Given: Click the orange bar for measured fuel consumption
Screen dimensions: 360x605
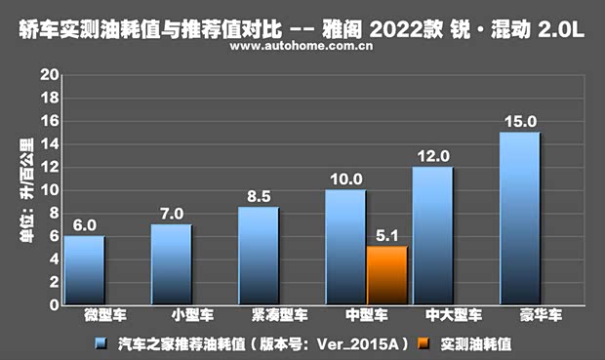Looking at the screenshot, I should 386,275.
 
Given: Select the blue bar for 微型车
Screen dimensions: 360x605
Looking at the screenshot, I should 85,270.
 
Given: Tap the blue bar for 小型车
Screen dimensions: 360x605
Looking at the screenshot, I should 172,264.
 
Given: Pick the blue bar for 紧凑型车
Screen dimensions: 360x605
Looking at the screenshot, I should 259,256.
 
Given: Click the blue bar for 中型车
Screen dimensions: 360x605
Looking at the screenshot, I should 345,247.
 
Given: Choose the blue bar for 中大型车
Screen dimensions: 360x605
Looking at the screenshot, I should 432,235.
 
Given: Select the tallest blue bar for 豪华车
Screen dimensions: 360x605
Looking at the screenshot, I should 519,219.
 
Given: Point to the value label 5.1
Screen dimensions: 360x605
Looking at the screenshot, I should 386,235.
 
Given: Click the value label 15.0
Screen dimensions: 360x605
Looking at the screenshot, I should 519,121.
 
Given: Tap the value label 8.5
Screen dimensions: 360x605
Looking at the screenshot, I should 259,196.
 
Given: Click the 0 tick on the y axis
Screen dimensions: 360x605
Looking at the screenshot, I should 54,304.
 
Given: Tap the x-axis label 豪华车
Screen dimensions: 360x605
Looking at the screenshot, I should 519,317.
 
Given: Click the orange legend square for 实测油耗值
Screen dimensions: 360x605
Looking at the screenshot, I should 422,343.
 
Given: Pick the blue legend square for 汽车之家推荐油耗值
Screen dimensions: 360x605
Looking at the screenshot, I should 101,343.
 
